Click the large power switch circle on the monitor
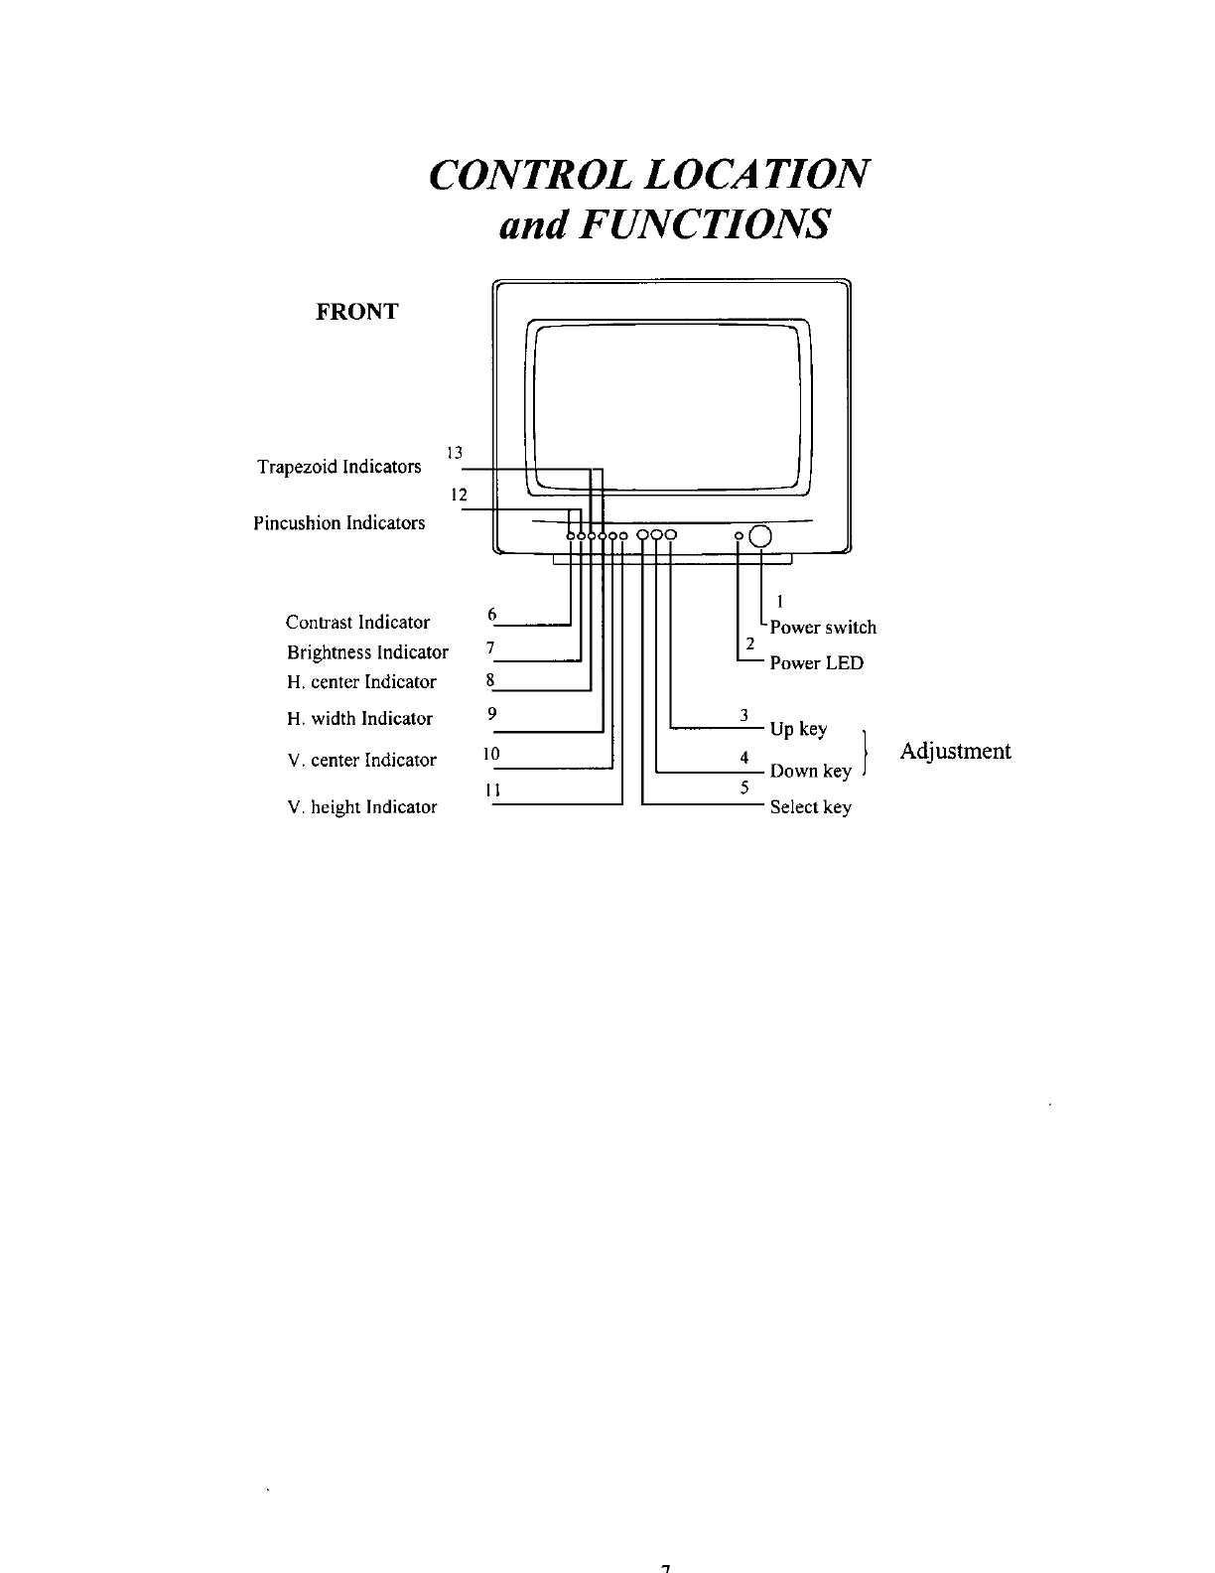(x=759, y=536)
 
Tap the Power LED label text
(x=817, y=663)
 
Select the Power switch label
(x=823, y=628)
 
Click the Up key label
(x=798, y=730)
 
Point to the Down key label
(x=810, y=772)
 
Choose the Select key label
(x=810, y=807)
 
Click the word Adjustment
(x=955, y=751)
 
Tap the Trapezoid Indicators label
(x=338, y=467)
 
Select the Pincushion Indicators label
(x=339, y=523)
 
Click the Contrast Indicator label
(x=357, y=623)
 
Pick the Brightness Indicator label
(x=367, y=652)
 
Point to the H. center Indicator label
(x=361, y=682)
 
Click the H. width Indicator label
(x=359, y=719)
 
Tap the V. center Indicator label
(x=361, y=761)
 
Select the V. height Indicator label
(x=361, y=807)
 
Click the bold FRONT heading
(x=356, y=312)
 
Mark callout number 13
(x=455, y=453)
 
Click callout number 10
(x=489, y=754)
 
